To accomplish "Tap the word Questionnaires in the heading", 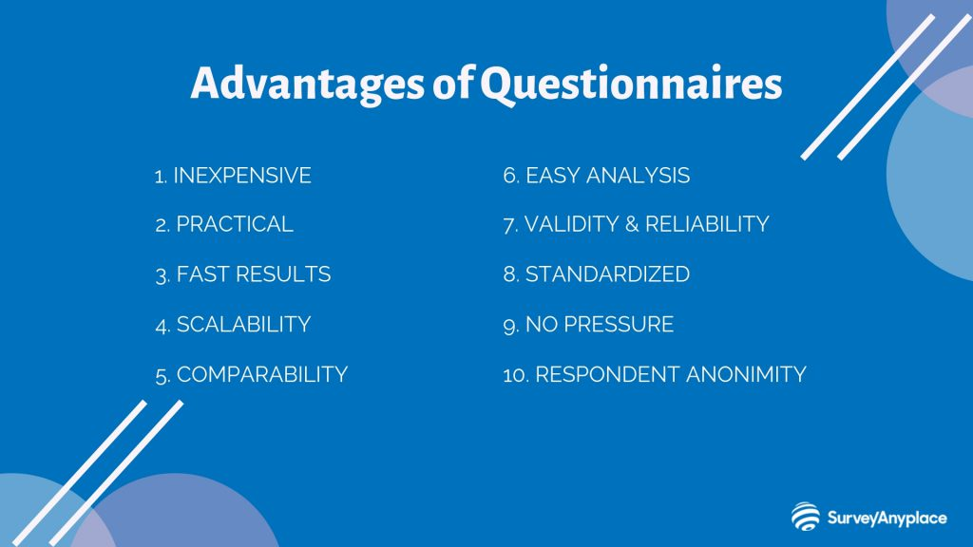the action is pos(631,85).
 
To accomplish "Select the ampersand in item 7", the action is pos(632,224).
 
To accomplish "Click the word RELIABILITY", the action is pos(707,224).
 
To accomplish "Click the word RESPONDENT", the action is pos(607,374).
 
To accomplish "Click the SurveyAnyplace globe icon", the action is pos(806,516).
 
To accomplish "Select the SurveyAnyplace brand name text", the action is pos(887,518).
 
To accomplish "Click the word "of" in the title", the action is pos(452,84).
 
